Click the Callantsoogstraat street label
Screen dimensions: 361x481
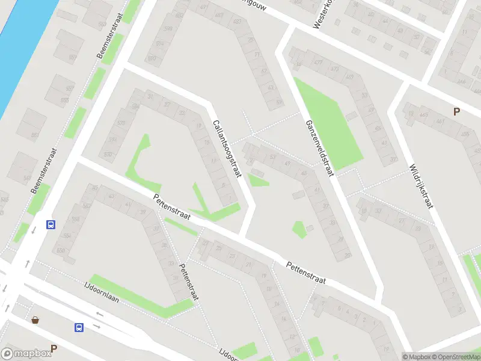tap(227, 149)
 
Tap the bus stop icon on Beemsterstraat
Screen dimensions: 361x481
tap(51, 224)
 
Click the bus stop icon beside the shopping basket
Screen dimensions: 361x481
tap(79, 327)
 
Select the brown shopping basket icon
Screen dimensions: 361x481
tap(35, 319)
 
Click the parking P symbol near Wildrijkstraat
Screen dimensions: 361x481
tap(456, 111)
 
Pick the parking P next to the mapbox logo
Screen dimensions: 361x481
tap(54, 348)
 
